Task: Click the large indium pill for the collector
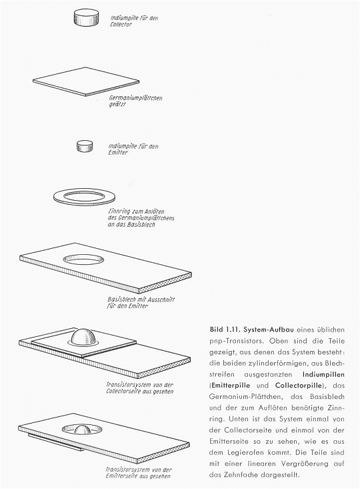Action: point(87,17)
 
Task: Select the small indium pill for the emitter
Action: point(85,146)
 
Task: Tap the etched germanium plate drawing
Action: point(86,81)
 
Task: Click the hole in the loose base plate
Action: point(83,259)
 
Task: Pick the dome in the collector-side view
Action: point(83,337)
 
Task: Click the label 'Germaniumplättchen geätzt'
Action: point(135,101)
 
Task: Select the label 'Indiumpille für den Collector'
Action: point(134,21)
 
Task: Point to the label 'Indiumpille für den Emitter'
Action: point(133,149)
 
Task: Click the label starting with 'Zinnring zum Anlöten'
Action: point(141,218)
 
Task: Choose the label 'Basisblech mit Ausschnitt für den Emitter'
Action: point(141,302)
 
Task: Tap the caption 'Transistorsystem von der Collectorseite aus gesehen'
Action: point(139,388)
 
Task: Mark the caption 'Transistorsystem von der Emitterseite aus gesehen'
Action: point(139,473)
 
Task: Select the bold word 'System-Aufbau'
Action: point(269,330)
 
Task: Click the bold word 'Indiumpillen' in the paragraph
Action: point(323,374)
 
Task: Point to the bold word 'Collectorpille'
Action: point(299,386)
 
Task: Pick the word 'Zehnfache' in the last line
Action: point(240,475)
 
